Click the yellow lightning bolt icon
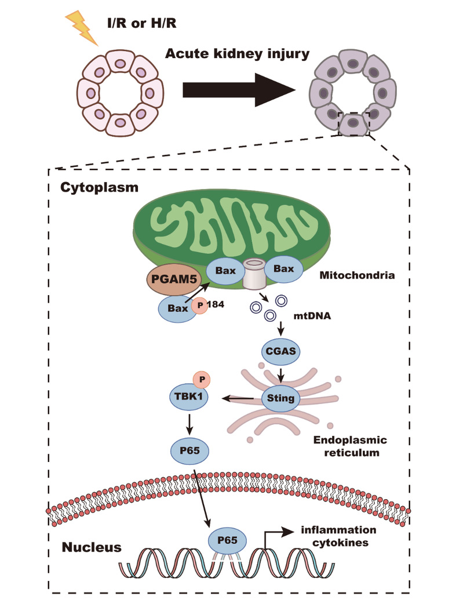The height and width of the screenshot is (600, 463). tap(83, 27)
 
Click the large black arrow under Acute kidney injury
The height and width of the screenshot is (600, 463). tap(238, 90)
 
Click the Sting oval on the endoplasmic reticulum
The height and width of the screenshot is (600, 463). tap(280, 398)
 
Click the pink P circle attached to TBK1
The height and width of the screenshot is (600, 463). tap(202, 379)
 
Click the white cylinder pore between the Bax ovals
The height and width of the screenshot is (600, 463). tap(253, 273)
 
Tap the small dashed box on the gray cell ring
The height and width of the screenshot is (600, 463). tap(353, 124)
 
